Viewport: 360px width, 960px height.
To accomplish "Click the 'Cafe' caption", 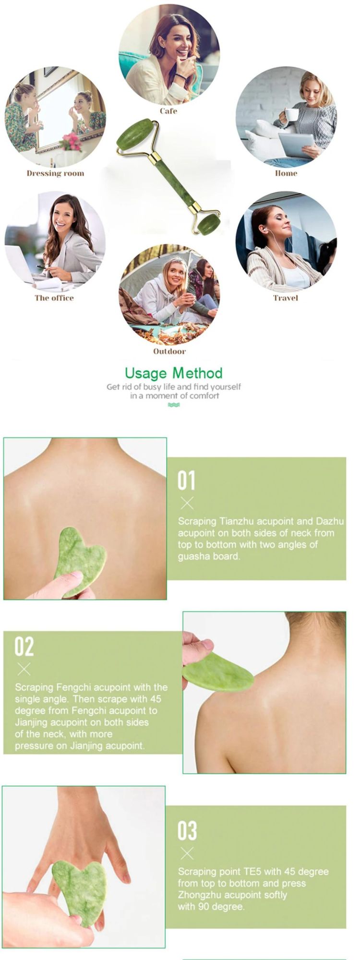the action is [x=168, y=111].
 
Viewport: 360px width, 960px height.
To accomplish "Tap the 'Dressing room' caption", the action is [x=55, y=173].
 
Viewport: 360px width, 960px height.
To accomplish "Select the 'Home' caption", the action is [x=286, y=173].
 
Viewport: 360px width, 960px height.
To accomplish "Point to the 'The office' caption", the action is [x=54, y=298].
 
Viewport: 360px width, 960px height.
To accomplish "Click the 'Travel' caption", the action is [x=286, y=298].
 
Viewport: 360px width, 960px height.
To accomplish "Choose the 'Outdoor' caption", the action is [x=169, y=351].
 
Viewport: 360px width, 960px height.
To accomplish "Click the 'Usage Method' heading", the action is [x=174, y=373].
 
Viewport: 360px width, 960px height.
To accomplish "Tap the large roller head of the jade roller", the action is [x=133, y=135].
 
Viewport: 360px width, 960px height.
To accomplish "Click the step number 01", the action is [x=186, y=480].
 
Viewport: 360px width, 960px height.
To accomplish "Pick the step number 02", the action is [x=24, y=647].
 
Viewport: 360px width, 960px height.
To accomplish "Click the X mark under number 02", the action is [x=24, y=669].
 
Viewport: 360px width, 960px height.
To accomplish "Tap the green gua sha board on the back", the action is [x=80, y=562].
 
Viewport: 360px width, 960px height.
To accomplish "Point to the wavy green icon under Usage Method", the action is [x=174, y=405].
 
